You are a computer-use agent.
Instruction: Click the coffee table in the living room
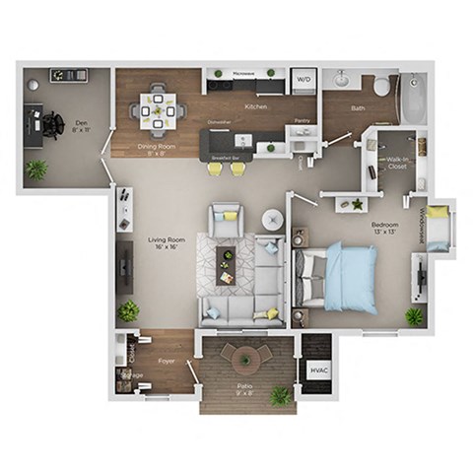pyautogui.click(x=226, y=264)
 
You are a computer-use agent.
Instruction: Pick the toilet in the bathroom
pyautogui.click(x=381, y=85)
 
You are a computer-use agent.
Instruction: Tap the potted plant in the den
pyautogui.click(x=36, y=169)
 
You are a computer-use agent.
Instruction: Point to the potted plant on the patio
pyautogui.click(x=281, y=394)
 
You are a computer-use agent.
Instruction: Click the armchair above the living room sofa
pyautogui.click(x=227, y=218)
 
